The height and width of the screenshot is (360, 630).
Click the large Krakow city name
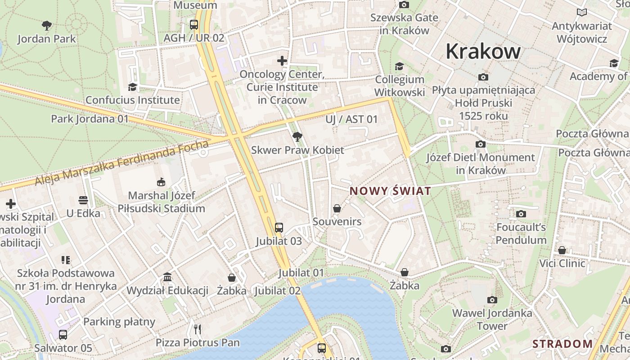pos(483,51)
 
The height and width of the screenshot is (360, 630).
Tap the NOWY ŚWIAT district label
pos(390,191)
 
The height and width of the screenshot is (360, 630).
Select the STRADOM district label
pos(562,344)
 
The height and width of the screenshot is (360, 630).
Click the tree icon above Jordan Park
pos(46,25)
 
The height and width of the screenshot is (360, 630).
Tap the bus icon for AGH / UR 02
pos(194,24)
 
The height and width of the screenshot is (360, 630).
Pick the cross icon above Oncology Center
pos(282,60)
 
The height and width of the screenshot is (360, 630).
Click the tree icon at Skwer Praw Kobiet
pos(297,136)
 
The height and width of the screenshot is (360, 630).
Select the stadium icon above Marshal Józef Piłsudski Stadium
pos(161,182)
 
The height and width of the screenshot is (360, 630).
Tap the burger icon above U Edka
pos(83,200)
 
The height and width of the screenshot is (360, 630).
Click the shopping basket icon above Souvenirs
pos(337,208)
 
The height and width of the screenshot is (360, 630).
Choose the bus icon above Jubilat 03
pos(279,228)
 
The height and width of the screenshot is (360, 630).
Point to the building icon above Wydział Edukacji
pos(167,277)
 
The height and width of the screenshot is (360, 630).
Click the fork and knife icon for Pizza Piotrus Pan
pos(198,329)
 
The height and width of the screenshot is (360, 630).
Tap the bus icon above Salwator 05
pos(63,334)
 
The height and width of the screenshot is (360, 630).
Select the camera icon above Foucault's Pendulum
pos(521,214)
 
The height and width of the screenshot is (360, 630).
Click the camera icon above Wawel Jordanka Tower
pos(492,300)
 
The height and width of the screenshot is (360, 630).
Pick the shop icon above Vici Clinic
pos(562,250)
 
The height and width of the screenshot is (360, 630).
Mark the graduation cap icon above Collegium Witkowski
pos(399,66)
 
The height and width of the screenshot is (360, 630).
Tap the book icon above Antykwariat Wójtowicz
pos(582,13)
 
